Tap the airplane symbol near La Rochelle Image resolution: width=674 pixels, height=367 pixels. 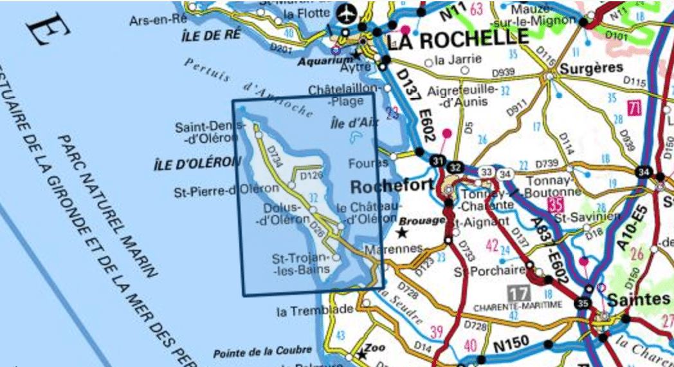(347, 12)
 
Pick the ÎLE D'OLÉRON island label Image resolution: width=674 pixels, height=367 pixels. (192, 164)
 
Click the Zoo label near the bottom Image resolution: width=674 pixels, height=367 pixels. (375, 348)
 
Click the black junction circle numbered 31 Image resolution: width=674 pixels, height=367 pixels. (439, 160)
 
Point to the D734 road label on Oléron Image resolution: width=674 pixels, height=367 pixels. (274, 157)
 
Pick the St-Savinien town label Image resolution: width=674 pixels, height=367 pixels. (581, 217)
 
